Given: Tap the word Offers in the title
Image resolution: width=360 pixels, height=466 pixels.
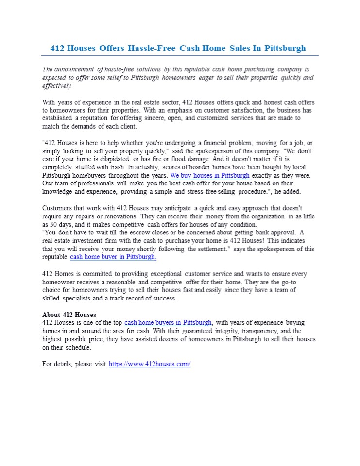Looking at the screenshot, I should pos(112,48).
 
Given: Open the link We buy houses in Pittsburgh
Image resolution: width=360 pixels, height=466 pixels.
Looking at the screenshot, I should pos(210,175).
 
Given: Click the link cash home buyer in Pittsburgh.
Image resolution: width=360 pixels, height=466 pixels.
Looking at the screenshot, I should pos(113,257).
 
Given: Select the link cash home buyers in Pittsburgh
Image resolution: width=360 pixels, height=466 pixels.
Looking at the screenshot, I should pos(168,323).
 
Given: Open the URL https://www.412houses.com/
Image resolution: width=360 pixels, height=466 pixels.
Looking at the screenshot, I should pos(150,364).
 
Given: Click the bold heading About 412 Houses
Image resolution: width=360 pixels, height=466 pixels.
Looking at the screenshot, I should pos(69,315).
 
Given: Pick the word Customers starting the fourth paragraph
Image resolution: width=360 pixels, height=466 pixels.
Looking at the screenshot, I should pos(58,208).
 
